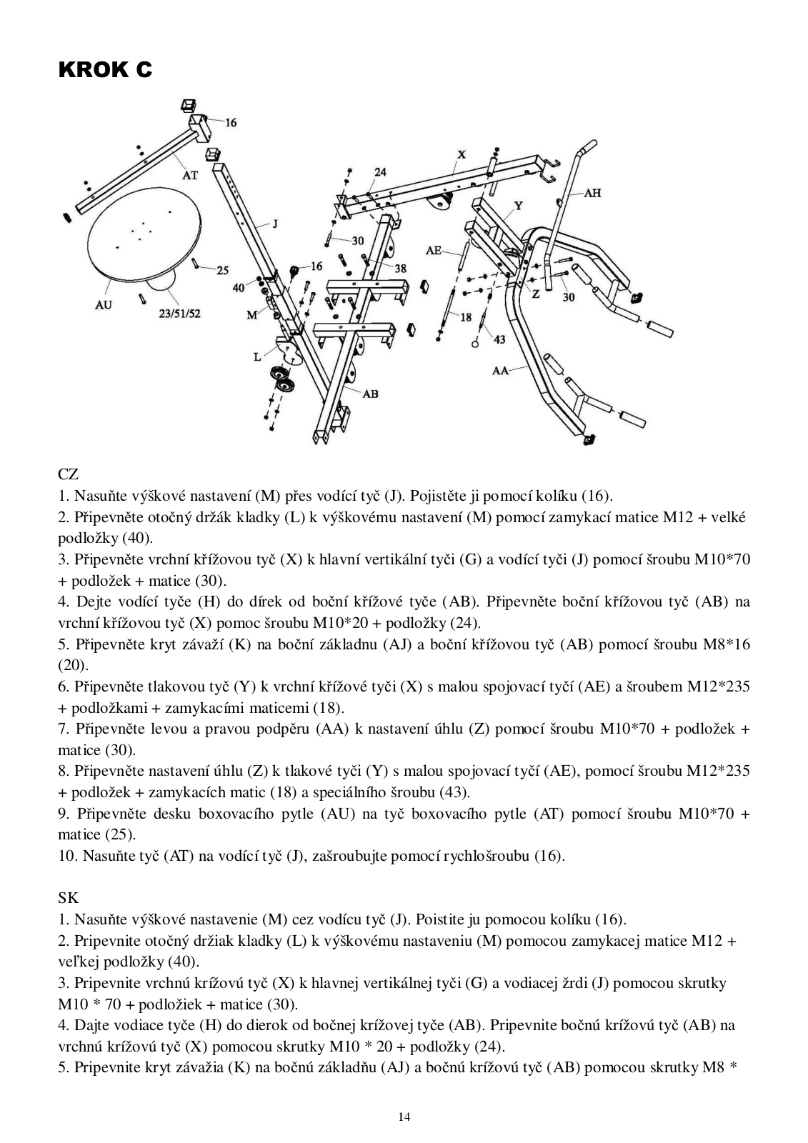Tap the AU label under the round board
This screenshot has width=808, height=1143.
104,305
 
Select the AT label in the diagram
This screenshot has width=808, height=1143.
190,175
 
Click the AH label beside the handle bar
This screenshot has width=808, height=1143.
592,193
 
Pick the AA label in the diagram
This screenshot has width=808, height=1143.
501,370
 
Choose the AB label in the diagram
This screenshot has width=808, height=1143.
370,393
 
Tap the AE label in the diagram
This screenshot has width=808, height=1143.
434,250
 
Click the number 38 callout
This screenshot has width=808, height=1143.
400,268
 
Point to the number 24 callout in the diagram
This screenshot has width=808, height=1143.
380,172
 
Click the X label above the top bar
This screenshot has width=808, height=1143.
461,154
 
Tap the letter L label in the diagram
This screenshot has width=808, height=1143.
257,356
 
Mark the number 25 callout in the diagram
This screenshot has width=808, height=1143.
222,270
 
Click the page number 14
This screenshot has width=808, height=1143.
404,1117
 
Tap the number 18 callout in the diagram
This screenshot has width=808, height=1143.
466,317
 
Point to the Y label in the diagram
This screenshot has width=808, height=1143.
519,206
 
